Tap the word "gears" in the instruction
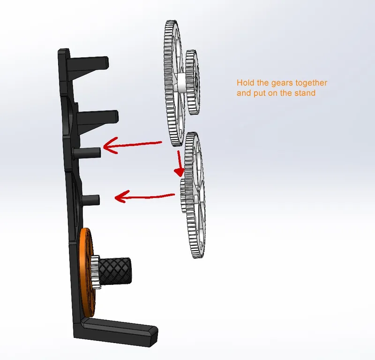(282, 84)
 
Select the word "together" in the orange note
(311, 84)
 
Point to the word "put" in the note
(260, 93)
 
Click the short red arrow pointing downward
(179, 164)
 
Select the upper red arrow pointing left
(133, 145)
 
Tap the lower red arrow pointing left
(145, 196)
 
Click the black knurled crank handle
(115, 271)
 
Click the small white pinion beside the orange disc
(96, 271)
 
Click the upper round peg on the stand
(87, 153)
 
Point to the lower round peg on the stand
(90, 200)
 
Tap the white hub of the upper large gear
(181, 83)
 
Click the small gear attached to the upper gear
(193, 82)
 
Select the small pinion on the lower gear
(183, 195)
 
